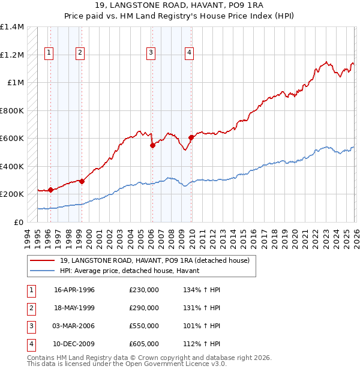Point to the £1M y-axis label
(16, 83)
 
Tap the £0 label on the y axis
(19, 223)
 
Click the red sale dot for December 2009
(191, 138)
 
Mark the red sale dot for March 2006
(152, 145)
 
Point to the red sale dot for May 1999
(82, 182)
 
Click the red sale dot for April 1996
(50, 190)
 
